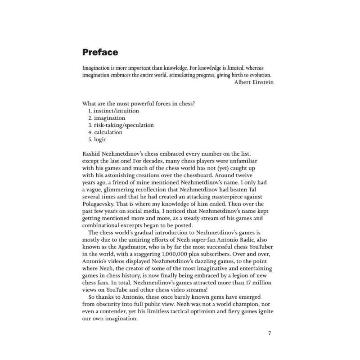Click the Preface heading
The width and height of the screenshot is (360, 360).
click(100, 52)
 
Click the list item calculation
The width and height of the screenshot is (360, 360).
click(108, 132)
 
